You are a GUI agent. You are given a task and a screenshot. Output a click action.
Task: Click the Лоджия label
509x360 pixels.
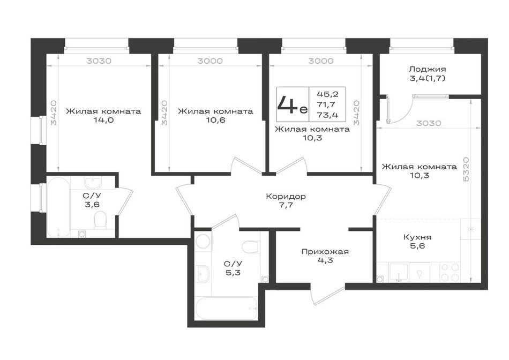pyautogui.click(x=427, y=69)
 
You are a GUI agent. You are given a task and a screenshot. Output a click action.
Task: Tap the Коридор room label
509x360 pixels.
pyautogui.click(x=286, y=197)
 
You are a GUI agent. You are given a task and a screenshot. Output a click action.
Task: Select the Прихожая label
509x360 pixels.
pyautogui.click(x=325, y=252)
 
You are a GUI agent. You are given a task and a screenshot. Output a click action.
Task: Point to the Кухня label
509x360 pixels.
pyautogui.click(x=417, y=237)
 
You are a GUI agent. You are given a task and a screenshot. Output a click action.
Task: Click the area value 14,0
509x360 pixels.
pyautogui.click(x=103, y=120)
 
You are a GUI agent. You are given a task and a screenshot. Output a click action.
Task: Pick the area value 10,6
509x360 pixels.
pyautogui.click(x=215, y=120)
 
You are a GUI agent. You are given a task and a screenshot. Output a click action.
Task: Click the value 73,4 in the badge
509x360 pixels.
pyautogui.click(x=327, y=115)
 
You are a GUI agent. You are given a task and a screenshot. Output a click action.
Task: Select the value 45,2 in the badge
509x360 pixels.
pyautogui.click(x=327, y=94)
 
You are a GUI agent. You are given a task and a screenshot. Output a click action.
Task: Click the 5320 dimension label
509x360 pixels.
pyautogui.click(x=466, y=169)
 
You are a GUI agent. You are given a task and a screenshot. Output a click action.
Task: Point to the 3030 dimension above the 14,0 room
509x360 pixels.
pyautogui.click(x=99, y=61)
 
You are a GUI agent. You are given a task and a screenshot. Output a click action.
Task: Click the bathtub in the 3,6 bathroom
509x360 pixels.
pyautogui.click(x=58, y=207)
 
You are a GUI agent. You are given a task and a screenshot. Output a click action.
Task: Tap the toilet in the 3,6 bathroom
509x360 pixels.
pyautogui.click(x=100, y=220)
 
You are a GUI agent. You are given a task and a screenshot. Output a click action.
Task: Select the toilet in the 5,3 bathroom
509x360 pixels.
pyautogui.click(x=251, y=247)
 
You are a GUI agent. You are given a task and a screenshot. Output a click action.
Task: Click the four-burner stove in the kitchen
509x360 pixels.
pyautogui.click(x=450, y=272)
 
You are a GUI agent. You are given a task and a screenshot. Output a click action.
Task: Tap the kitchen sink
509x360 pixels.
pyautogui.click(x=399, y=272)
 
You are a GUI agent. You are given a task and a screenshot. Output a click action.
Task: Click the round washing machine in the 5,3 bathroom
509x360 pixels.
pyautogui.click(x=204, y=242)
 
